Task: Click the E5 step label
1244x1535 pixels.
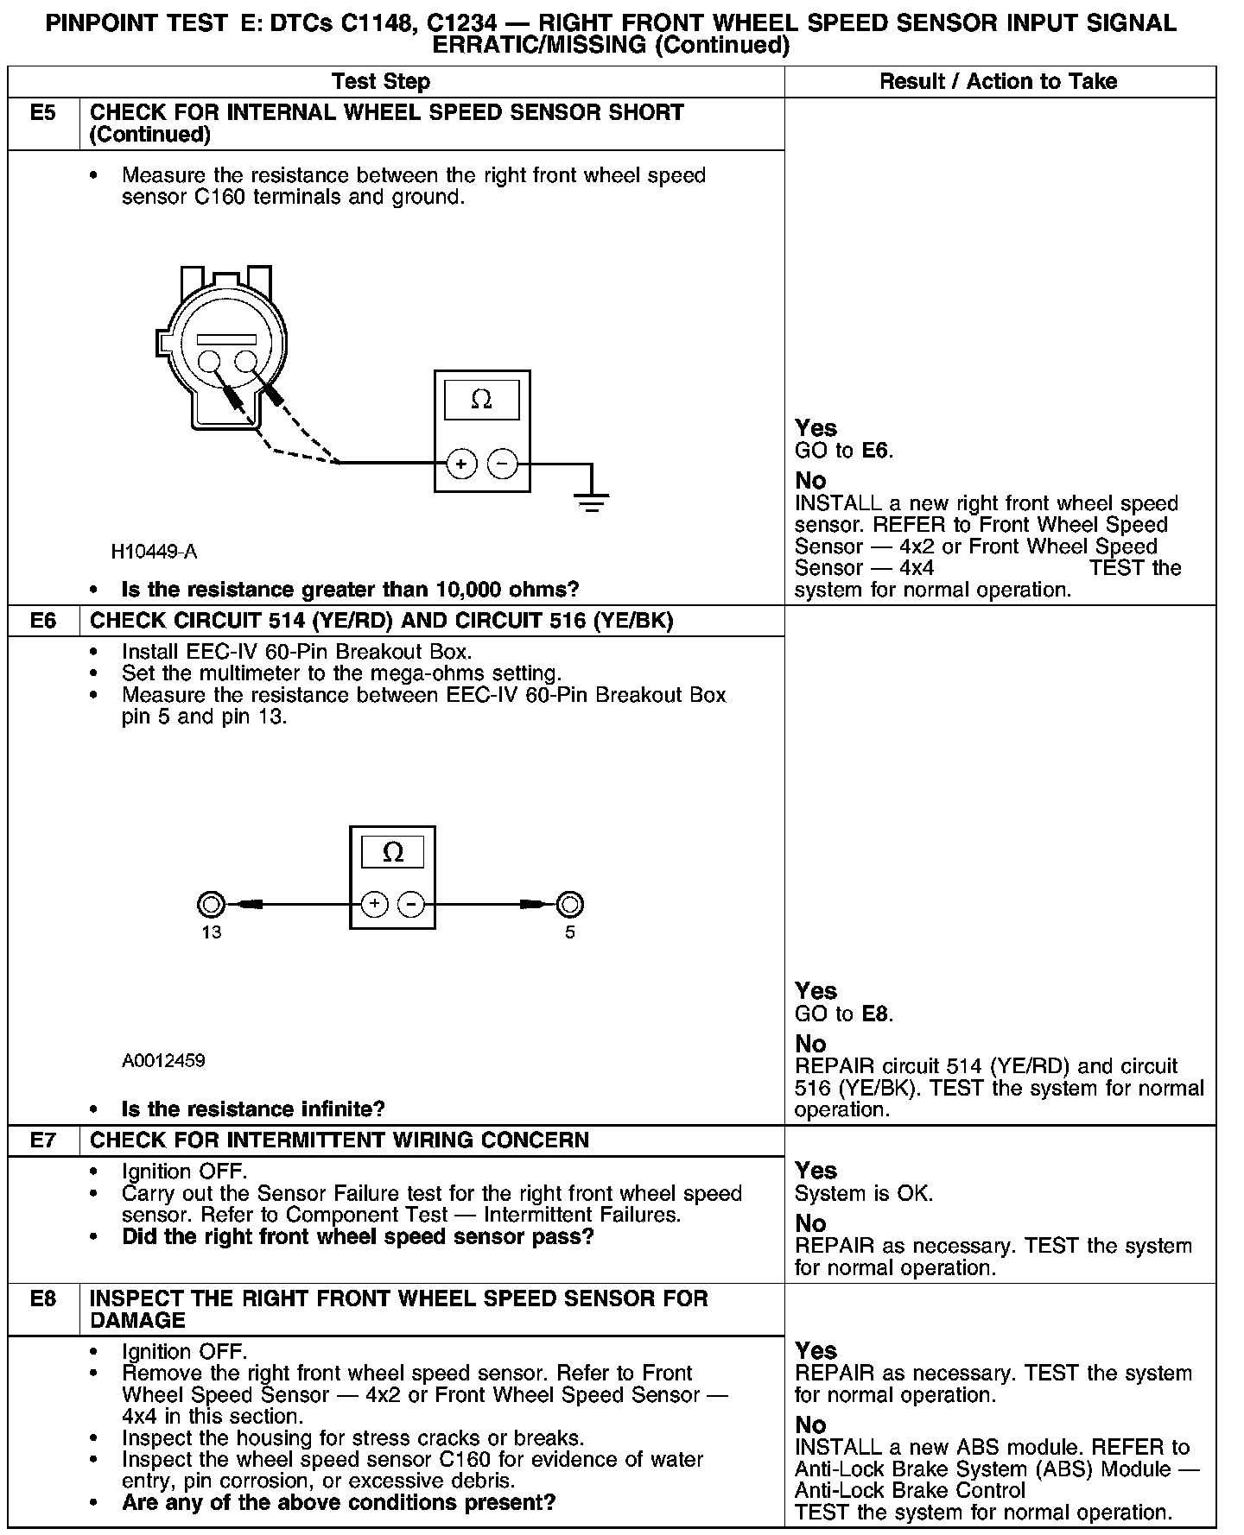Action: (42, 113)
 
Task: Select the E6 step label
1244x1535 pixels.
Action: (42, 622)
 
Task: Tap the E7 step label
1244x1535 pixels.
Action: (42, 1140)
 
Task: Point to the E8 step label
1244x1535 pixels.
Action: (42, 1299)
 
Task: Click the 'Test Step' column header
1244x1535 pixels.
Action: (381, 82)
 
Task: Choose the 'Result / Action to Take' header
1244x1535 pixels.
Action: (998, 82)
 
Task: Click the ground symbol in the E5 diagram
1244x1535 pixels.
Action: (591, 501)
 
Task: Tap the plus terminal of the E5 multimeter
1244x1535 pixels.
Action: (461, 464)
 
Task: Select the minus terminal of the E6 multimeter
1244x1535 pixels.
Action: (411, 904)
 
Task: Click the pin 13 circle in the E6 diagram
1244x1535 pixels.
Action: (211, 905)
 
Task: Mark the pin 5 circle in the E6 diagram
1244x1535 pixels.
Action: (569, 905)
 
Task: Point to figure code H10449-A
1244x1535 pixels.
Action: (154, 552)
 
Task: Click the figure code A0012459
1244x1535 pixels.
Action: (163, 1061)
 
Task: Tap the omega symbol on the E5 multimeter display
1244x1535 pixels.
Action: (481, 400)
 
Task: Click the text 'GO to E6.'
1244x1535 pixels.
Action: (843, 451)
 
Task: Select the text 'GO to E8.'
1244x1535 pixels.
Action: (843, 1014)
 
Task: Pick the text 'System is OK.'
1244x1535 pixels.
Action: (863, 1194)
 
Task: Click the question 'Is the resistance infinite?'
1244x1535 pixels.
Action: (253, 1109)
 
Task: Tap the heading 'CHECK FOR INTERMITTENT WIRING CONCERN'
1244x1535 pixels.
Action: (340, 1140)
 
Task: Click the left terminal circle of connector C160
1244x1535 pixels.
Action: (211, 361)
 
